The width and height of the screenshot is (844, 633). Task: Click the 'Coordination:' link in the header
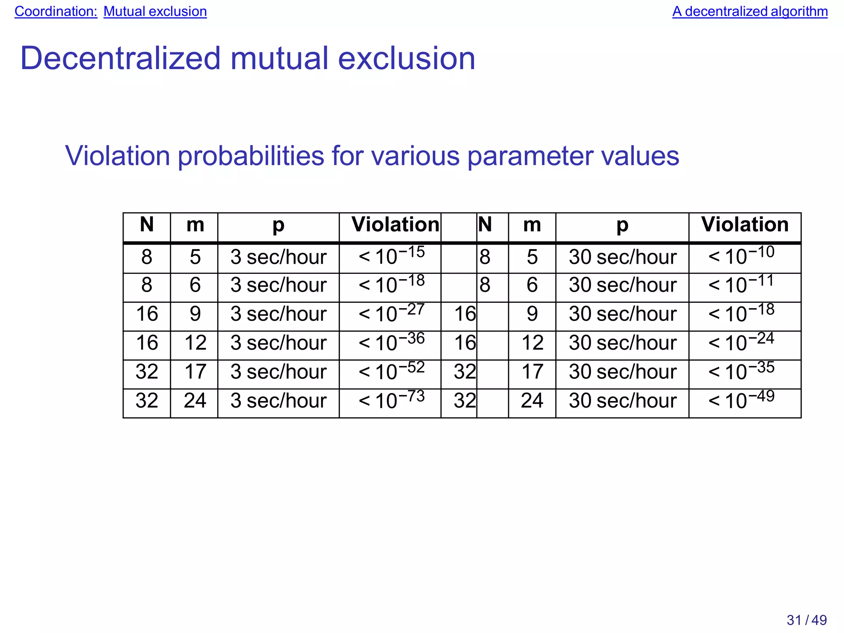[x=56, y=12]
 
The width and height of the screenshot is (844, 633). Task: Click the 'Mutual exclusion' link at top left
[x=155, y=12]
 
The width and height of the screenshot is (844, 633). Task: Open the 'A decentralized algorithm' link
[x=750, y=12]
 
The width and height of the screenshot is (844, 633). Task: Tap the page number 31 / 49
[x=806, y=620]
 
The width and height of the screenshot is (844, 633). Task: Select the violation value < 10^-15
[x=391, y=256]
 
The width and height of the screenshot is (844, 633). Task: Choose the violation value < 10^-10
[x=741, y=256]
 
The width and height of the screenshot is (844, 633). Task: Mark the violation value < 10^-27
[x=391, y=314]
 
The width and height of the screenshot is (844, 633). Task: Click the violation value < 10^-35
[x=741, y=371]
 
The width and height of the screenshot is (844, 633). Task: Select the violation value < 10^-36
[x=391, y=343]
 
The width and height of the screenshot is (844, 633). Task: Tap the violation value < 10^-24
[x=741, y=343]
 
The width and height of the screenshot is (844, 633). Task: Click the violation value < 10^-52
[x=391, y=371]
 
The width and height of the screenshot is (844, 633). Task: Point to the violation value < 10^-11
[x=741, y=285]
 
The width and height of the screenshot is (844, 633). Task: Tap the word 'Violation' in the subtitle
[x=117, y=156]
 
